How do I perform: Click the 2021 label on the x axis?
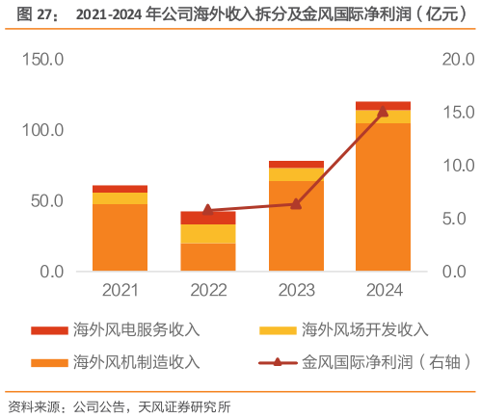(x=120, y=290)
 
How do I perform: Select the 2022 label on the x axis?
(x=207, y=290)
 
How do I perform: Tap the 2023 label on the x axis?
(x=296, y=290)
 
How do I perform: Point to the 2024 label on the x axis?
(x=383, y=290)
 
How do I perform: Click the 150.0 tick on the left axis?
(x=41, y=60)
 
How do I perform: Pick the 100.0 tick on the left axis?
(x=41, y=130)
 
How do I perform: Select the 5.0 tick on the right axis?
(x=452, y=219)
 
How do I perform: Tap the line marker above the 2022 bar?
(x=207, y=209)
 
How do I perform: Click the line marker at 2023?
(x=296, y=203)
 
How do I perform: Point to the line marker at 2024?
(x=383, y=112)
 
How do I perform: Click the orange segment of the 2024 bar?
(x=383, y=197)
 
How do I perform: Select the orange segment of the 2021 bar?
(x=120, y=238)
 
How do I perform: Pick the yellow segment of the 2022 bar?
(x=207, y=234)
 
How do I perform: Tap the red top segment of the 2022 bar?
(x=207, y=219)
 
